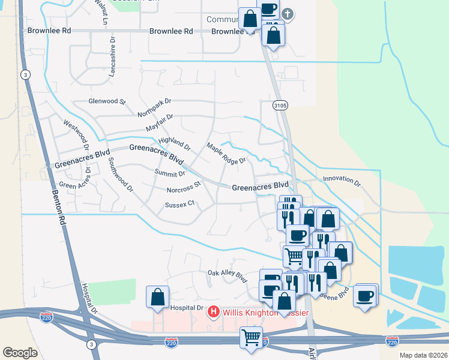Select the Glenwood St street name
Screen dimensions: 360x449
(x=107, y=101)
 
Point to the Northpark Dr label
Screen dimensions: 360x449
(x=154, y=107)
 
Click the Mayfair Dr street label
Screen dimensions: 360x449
(x=159, y=124)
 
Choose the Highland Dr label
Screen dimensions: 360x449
(x=174, y=143)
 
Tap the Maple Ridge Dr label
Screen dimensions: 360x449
(x=226, y=153)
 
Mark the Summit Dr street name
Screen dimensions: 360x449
(x=170, y=174)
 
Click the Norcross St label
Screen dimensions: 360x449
(x=183, y=188)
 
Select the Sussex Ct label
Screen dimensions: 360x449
(x=180, y=204)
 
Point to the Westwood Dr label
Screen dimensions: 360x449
(x=76, y=134)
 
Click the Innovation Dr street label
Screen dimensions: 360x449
(x=342, y=179)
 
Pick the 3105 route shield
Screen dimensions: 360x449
(x=280, y=105)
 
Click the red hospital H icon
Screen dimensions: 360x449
(x=212, y=312)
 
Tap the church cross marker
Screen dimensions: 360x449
(x=288, y=13)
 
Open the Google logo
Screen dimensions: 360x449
(x=20, y=352)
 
